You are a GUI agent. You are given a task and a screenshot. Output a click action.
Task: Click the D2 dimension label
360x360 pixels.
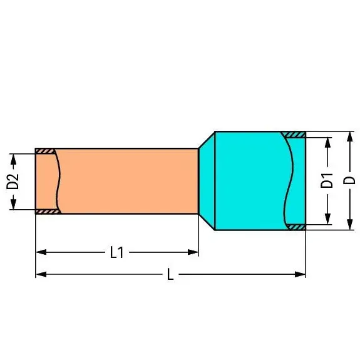click(13, 182)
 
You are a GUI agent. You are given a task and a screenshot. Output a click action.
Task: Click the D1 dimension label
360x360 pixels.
click(327, 181)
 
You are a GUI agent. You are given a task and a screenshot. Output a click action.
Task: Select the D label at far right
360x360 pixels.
click(349, 180)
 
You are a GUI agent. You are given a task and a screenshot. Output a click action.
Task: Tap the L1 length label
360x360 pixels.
click(117, 252)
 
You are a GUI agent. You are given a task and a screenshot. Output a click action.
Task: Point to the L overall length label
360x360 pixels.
click(170, 274)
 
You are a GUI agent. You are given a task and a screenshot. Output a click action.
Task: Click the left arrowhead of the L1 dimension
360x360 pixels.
click(41, 252)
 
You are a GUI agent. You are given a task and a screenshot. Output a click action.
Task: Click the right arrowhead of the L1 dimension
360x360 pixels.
click(193, 252)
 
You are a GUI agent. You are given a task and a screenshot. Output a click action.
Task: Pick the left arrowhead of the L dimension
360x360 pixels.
click(41, 274)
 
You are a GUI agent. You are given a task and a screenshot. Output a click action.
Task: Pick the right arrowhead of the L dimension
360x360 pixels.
click(300, 274)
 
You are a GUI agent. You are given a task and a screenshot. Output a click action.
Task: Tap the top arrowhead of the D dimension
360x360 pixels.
click(349, 137)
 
